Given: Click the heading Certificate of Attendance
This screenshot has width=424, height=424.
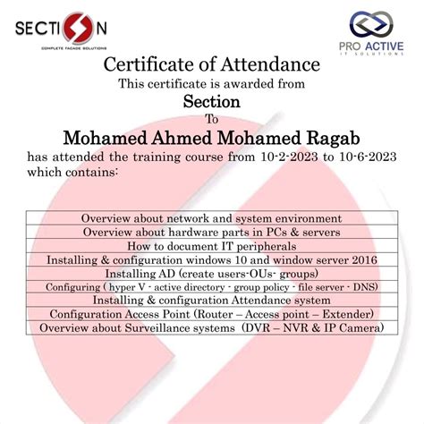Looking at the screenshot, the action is (x=212, y=65).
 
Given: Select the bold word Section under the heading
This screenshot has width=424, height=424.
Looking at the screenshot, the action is (x=212, y=101).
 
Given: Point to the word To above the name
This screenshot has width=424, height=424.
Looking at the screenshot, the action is (x=212, y=119).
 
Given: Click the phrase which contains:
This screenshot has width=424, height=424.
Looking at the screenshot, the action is (x=73, y=173).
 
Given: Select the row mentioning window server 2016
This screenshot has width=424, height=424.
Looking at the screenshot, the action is (x=212, y=259).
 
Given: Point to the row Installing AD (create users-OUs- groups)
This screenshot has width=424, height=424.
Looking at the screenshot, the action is (x=212, y=273).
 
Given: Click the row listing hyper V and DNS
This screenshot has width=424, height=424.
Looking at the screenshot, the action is (x=212, y=287).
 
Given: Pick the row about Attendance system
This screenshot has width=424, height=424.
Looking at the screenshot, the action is (x=212, y=301).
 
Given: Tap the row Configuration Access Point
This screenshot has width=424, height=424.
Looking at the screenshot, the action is (x=212, y=314).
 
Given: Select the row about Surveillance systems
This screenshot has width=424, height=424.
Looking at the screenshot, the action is (x=212, y=328).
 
